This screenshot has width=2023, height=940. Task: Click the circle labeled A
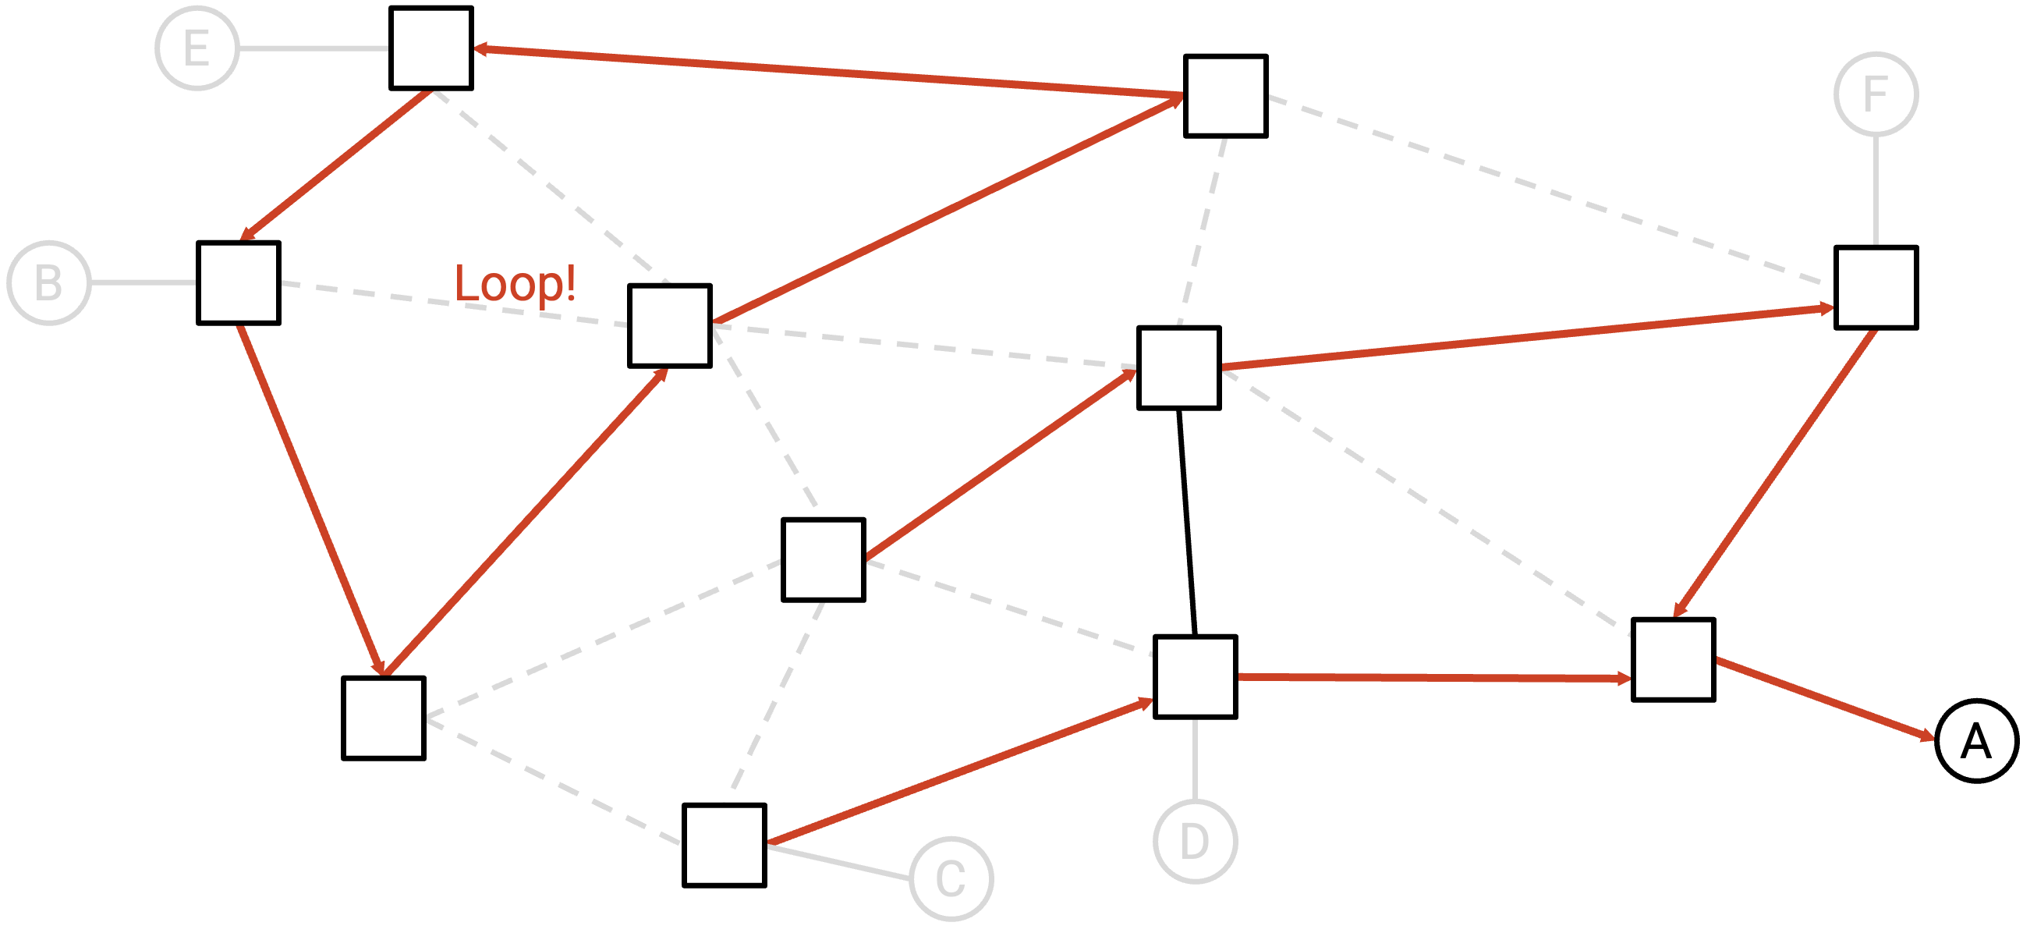click(x=1977, y=741)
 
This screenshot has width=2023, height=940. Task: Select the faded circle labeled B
click(x=48, y=282)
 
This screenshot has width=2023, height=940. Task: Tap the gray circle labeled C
click(x=951, y=878)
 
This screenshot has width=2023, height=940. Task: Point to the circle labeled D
click(x=1196, y=842)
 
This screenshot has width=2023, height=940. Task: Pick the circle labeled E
click(x=197, y=48)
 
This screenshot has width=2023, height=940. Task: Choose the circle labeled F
click(x=1876, y=94)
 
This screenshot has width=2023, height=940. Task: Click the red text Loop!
click(x=515, y=282)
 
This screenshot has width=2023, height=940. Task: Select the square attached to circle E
click(x=431, y=48)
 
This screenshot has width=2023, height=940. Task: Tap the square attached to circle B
click(x=239, y=282)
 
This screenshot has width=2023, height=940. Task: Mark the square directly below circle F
click(x=1876, y=287)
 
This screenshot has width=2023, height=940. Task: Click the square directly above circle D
click(x=1196, y=677)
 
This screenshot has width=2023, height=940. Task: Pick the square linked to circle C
click(x=724, y=845)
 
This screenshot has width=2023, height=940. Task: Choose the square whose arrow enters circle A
click(x=1674, y=660)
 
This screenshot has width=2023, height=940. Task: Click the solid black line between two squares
click(x=1187, y=522)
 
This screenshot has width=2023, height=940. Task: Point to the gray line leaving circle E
click(x=314, y=48)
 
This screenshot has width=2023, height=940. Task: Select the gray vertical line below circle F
click(x=1876, y=191)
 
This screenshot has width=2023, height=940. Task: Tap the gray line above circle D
click(x=1196, y=759)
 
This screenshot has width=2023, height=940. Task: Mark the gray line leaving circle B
click(x=143, y=282)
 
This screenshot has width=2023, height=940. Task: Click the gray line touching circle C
click(x=838, y=862)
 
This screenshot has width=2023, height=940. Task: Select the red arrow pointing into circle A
click(x=1826, y=699)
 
